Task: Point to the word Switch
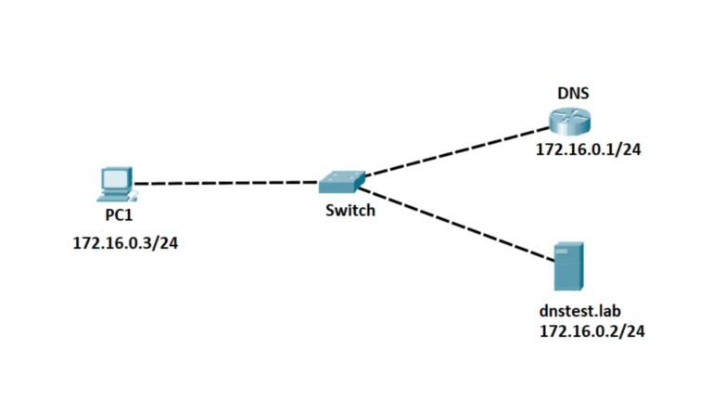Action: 350,211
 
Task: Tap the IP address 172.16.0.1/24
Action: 589,149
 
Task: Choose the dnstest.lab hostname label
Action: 579,313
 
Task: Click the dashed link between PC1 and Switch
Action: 227,183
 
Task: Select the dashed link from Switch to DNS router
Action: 454,149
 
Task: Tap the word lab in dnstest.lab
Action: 607,313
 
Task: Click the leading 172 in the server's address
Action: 553,330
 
